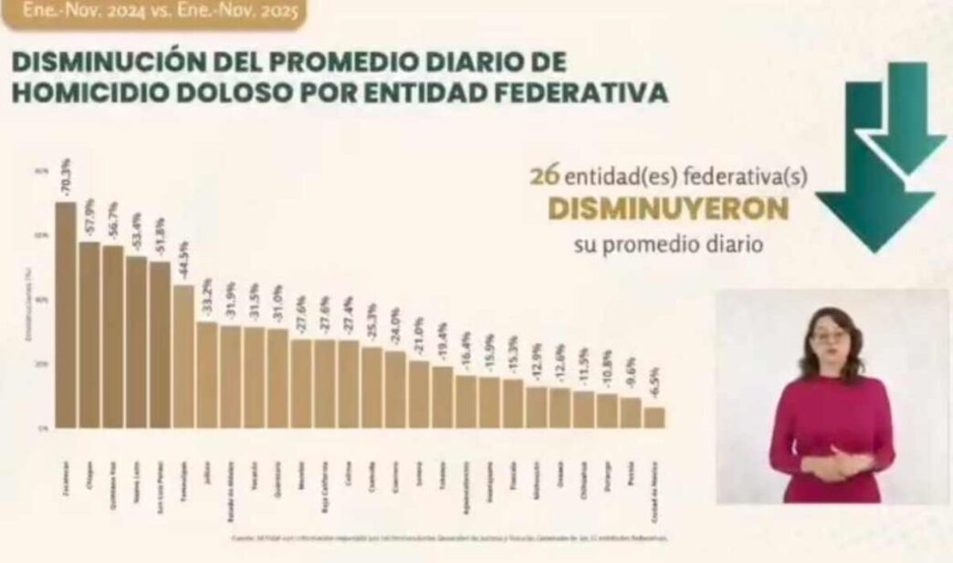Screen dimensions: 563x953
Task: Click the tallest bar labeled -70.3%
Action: [66, 315]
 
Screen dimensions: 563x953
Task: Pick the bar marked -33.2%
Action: [207, 374]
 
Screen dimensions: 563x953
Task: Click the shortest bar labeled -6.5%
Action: [655, 417]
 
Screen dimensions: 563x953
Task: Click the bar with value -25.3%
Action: [372, 387]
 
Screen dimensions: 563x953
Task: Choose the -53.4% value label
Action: [137, 233]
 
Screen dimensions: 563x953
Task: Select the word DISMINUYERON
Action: [667, 209]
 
